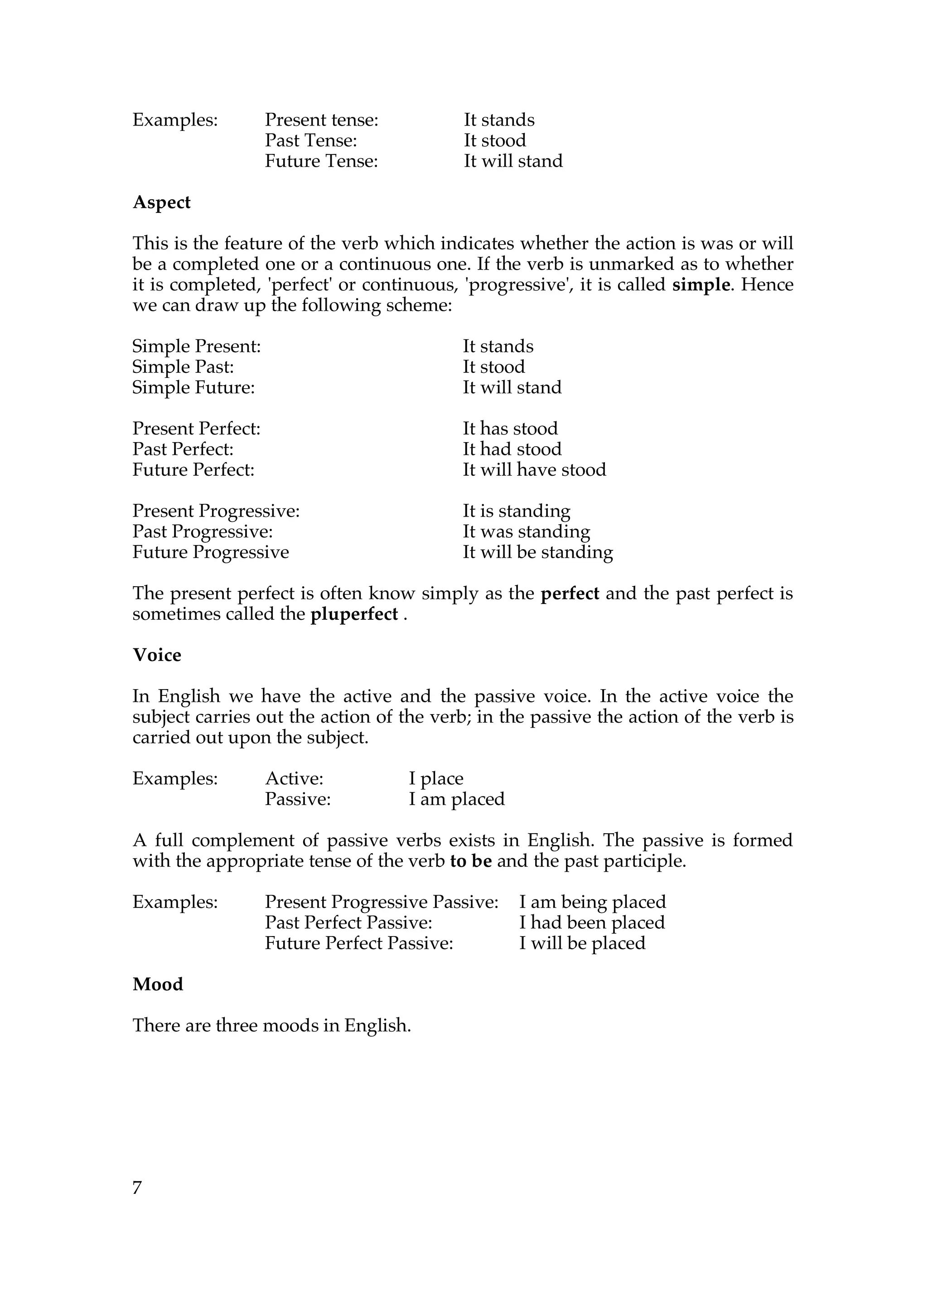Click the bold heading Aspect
161,203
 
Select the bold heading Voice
157,655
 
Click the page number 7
137,1188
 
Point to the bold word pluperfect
354,614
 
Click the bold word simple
701,285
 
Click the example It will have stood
534,470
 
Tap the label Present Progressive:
216,511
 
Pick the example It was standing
526,532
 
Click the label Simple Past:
183,367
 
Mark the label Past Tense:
311,140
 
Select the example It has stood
510,429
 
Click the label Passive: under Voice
298,800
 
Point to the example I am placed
456,800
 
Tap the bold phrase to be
471,861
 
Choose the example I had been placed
592,923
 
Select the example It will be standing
537,552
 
